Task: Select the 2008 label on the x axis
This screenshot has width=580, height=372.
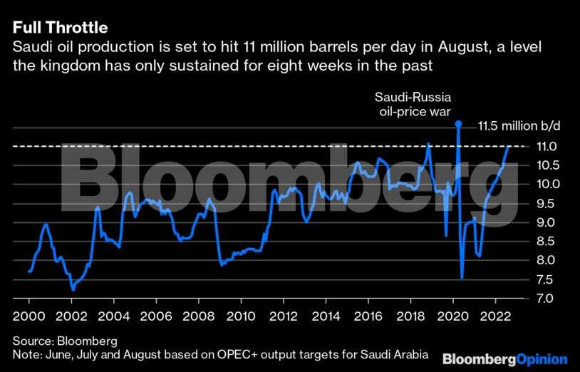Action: (198, 316)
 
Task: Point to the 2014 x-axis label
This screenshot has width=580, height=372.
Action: (326, 316)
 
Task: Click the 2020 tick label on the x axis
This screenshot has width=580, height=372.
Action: (453, 316)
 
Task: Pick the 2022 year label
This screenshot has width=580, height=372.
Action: (496, 316)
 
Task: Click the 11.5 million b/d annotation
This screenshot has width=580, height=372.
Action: (519, 125)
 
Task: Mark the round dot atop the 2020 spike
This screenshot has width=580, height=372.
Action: (458, 124)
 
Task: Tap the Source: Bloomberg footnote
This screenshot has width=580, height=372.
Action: (65, 340)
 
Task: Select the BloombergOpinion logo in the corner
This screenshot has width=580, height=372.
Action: (504, 358)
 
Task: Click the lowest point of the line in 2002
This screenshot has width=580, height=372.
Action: (73, 290)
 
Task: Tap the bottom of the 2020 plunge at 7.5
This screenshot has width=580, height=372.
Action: (462, 278)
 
